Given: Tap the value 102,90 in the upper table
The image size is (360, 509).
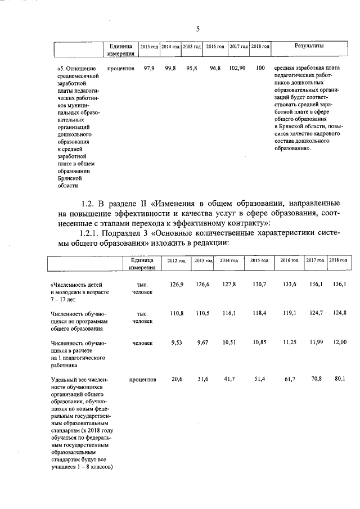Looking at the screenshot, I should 237,68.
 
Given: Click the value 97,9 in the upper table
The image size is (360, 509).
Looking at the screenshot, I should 149,68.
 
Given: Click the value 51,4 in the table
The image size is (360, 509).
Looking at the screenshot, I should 259,380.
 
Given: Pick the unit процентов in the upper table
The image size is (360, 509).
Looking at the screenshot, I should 120,68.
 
